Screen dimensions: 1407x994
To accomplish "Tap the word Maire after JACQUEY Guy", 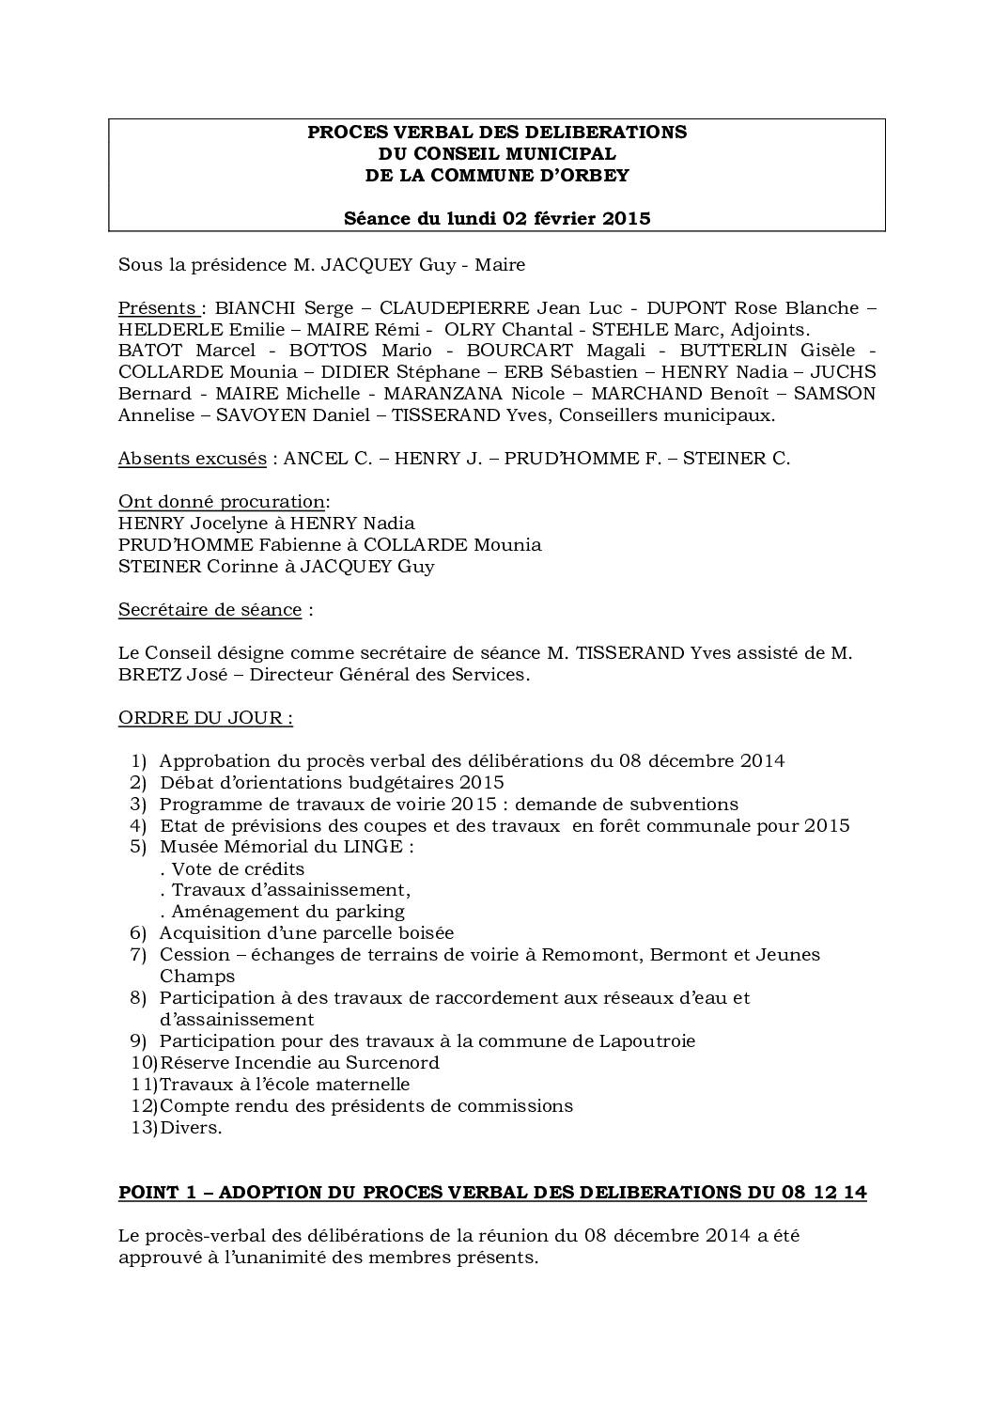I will pos(500,264).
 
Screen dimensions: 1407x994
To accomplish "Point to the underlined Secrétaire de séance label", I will pos(210,609).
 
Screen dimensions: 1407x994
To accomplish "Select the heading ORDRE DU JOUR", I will pos(205,717).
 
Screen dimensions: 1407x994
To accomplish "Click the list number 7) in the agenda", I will pos(138,954).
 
